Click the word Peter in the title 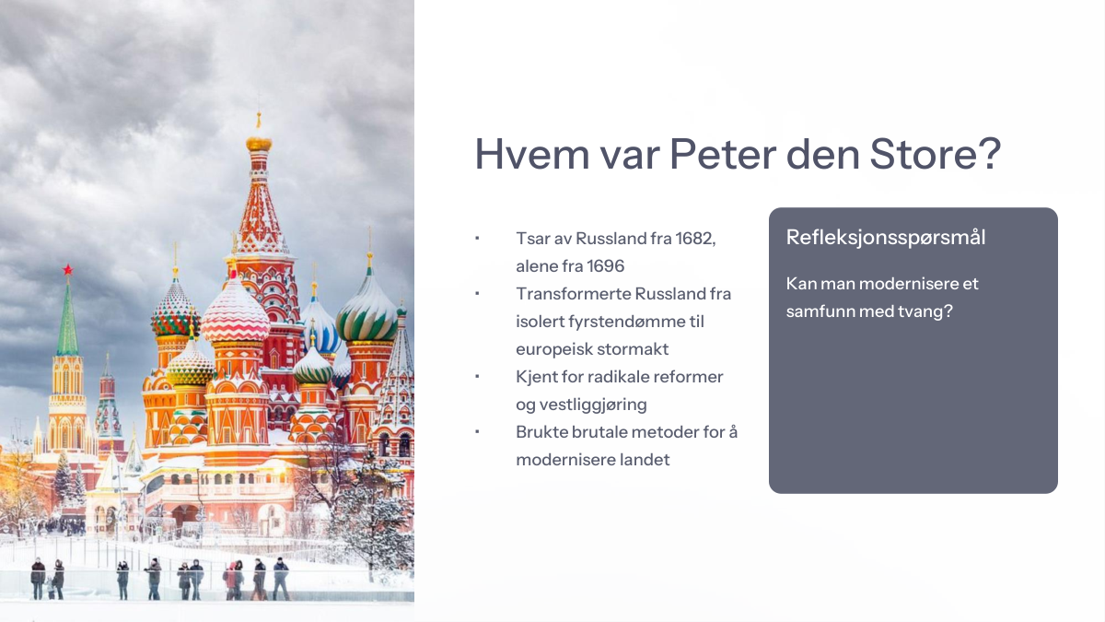[x=723, y=154]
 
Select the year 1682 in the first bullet [x=695, y=239]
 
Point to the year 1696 [x=606, y=266]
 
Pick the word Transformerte [x=573, y=294]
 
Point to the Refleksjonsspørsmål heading [x=886, y=238]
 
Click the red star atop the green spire [x=67, y=269]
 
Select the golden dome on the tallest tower [x=259, y=144]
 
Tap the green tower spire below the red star [x=67, y=319]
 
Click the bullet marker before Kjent [x=477, y=377]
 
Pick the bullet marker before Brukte [x=477, y=432]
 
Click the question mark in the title [x=987, y=154]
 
